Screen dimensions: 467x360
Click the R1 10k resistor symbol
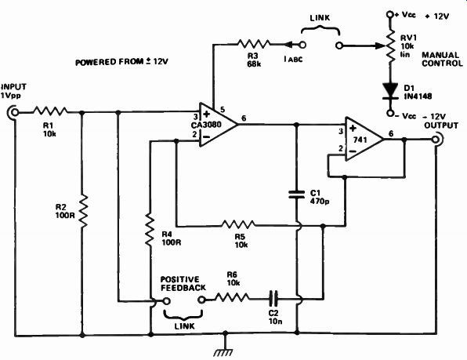[x=50, y=111]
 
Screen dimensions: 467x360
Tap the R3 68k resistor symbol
[x=254, y=44]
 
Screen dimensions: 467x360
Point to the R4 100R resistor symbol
[x=150, y=230]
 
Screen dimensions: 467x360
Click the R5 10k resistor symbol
[x=238, y=224]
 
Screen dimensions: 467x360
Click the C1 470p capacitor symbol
[x=297, y=195]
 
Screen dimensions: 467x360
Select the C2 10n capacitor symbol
[x=273, y=298]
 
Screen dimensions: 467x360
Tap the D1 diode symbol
[x=390, y=91]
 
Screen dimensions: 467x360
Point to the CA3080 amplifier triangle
[x=219, y=125]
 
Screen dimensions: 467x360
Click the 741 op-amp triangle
[x=364, y=139]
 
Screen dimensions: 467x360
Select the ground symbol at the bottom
[x=224, y=349]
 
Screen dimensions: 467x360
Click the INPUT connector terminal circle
[x=13, y=112]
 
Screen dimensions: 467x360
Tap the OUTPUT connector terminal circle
[x=436, y=139]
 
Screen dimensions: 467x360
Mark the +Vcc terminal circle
[x=389, y=14]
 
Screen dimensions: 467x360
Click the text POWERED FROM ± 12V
[x=121, y=62]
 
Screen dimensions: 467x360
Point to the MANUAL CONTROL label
[x=442, y=59]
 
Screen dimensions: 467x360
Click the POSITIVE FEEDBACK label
[x=183, y=284]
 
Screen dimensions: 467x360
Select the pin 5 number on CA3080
[x=223, y=110]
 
